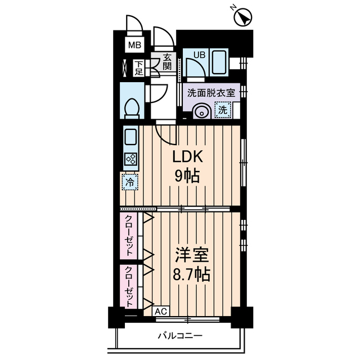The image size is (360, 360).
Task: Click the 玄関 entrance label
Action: click(167, 61)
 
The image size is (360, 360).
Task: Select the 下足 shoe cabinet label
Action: click(139, 67)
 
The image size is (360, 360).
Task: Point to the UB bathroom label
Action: click(199, 55)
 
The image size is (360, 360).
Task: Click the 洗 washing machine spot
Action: click(223, 110)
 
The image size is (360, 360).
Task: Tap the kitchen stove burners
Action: click(130, 160)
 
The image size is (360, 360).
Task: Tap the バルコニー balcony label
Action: click(179, 336)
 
